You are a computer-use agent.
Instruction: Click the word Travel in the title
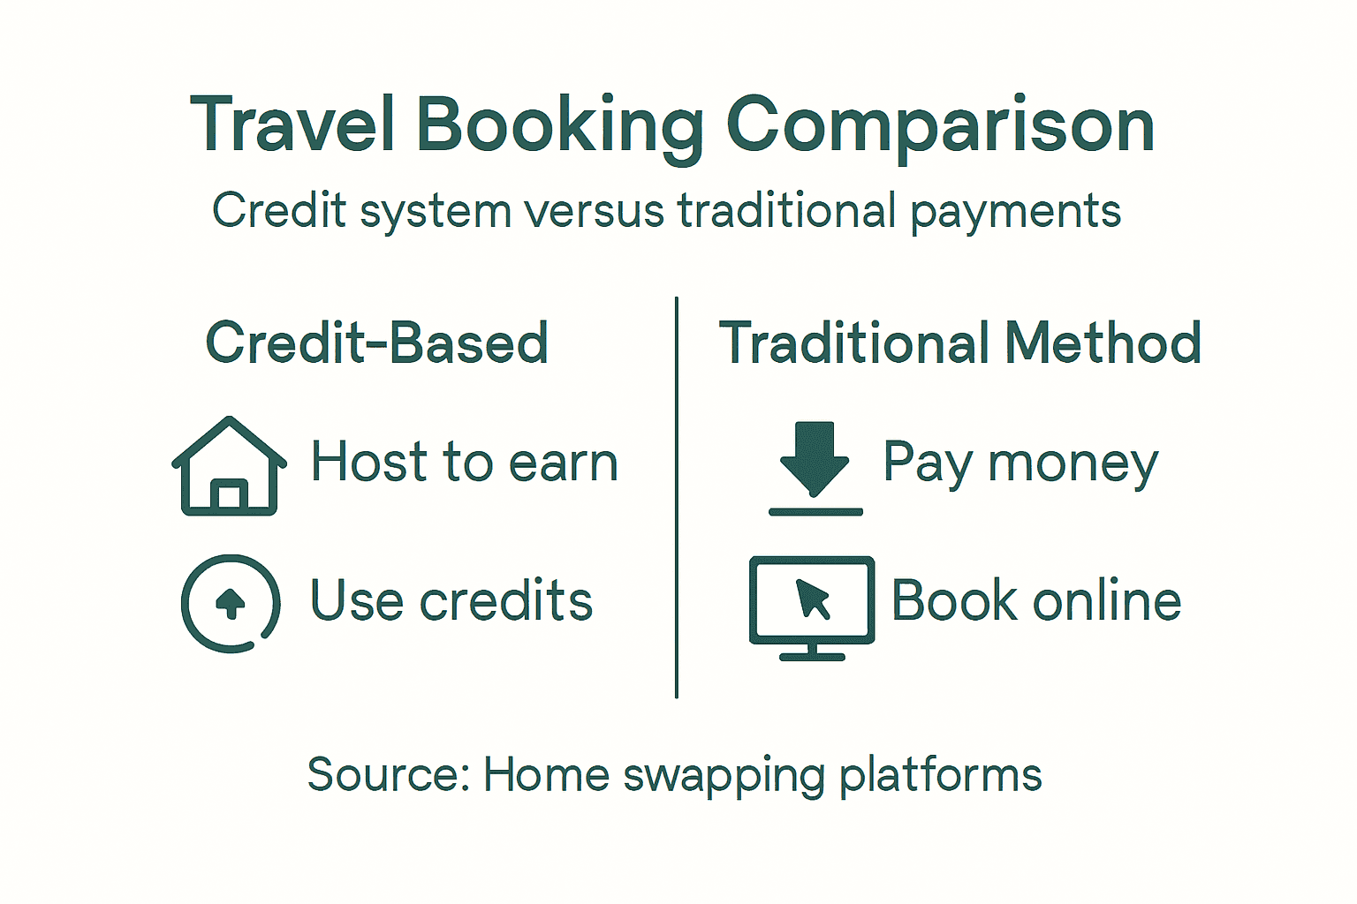(292, 124)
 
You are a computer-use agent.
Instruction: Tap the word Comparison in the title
(940, 126)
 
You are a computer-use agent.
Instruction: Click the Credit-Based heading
(377, 343)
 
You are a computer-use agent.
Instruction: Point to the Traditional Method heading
(960, 343)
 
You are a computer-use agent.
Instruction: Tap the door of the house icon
(230, 496)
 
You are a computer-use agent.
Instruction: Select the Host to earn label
(464, 462)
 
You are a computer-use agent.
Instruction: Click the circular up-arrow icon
(231, 603)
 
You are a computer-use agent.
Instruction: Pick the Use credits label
(451, 601)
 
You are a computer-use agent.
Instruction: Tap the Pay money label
(1020, 463)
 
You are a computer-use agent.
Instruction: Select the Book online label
(1036, 601)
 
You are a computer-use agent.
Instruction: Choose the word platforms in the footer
(940, 775)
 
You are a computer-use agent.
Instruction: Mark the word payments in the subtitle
(1015, 212)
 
